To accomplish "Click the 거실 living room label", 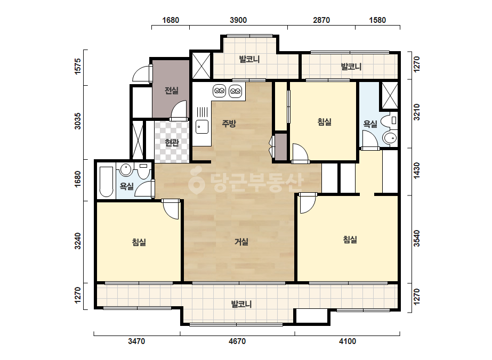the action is [x=241, y=242].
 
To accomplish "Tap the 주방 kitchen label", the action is [x=229, y=123].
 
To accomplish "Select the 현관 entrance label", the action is [x=172, y=143].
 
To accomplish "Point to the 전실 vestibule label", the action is [x=172, y=91].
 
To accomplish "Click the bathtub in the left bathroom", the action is [x=106, y=182].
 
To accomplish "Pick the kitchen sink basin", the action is [x=202, y=127].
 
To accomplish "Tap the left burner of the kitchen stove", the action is [x=220, y=91].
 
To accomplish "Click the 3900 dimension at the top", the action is [x=238, y=20].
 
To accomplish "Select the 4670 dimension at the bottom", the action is [x=237, y=341].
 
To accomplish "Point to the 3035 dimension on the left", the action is [x=77, y=121].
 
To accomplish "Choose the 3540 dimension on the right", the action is [x=416, y=239].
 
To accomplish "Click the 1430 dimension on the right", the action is [x=416, y=170].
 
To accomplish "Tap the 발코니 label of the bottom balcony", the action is [x=241, y=304].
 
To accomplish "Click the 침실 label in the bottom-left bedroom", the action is [x=139, y=242].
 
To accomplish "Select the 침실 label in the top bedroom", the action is [x=325, y=121].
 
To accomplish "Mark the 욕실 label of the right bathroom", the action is [x=370, y=124].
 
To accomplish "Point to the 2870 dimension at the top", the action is [x=321, y=20].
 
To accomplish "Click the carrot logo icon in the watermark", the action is [x=196, y=181].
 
